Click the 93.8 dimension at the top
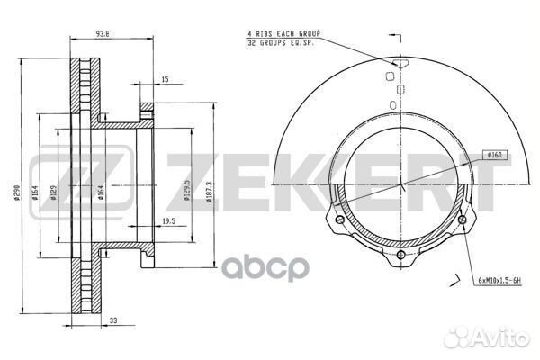105,37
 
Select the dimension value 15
164,80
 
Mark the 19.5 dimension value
167,219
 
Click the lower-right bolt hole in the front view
462,219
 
